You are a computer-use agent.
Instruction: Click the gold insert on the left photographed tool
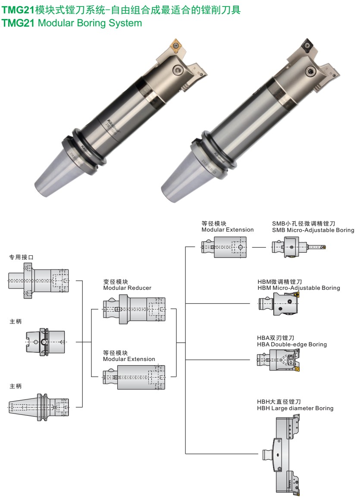(177, 45)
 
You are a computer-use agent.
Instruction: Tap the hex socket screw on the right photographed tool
(310, 71)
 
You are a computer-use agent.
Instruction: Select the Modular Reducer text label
(127, 288)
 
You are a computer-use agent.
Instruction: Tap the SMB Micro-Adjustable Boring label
(313, 230)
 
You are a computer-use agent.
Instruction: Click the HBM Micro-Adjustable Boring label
(298, 288)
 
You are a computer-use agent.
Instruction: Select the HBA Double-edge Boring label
(292, 344)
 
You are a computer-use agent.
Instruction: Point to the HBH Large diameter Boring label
(295, 408)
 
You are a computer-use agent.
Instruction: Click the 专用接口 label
(22, 257)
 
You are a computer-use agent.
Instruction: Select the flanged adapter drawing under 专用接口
(38, 280)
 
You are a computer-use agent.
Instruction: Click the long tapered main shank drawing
(38, 407)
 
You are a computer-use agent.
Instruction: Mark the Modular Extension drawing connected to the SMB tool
(224, 248)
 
